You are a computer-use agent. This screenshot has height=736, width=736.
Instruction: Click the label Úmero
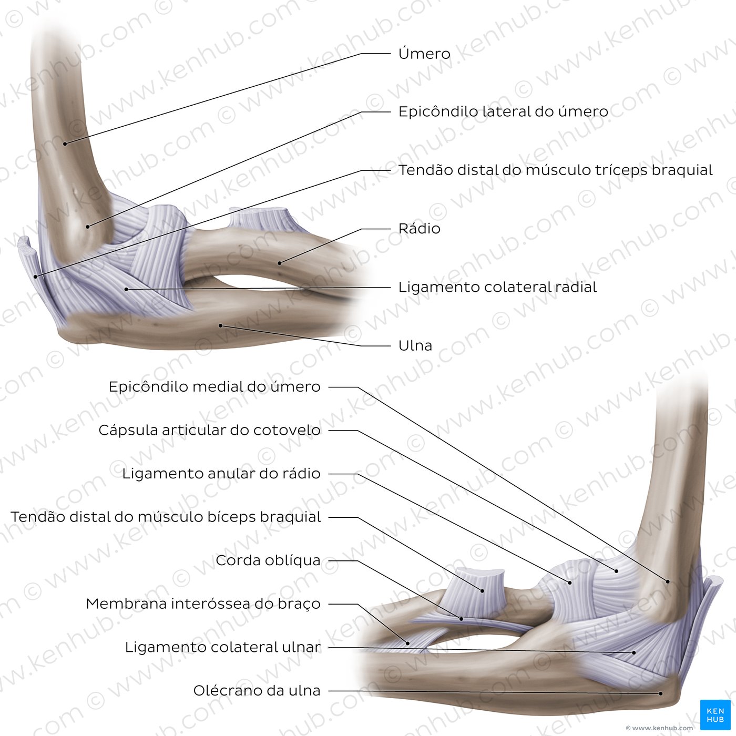(424, 54)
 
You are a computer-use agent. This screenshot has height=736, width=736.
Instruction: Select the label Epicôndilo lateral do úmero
(503, 111)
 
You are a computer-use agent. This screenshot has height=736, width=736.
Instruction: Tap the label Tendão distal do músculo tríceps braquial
(555, 170)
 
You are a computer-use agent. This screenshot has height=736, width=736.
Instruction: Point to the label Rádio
(419, 228)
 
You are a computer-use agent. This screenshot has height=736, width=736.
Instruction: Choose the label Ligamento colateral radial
(497, 287)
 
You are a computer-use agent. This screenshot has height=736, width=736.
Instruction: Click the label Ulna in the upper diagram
(415, 345)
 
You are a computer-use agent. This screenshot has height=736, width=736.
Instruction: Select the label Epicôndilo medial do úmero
(214, 386)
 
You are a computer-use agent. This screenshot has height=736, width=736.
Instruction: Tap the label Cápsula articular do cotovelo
(210, 430)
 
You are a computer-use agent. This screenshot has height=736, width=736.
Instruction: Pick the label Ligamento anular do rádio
(221, 474)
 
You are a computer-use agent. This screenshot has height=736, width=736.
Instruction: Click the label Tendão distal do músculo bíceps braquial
(166, 517)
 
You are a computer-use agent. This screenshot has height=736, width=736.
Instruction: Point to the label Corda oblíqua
(268, 560)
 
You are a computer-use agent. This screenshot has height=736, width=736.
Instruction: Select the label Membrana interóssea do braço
(203, 604)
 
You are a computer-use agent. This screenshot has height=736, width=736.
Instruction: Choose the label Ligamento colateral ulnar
(223, 647)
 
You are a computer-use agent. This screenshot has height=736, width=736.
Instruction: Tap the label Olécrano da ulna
(257, 690)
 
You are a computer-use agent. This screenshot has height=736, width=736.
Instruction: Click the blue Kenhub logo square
(715, 714)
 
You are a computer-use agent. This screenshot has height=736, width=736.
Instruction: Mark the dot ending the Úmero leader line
(65, 144)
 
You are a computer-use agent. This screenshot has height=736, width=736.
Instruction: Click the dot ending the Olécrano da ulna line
(661, 693)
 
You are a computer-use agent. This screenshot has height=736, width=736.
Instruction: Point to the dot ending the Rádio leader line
(280, 263)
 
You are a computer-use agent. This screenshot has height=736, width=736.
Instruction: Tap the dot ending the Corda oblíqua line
(462, 619)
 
